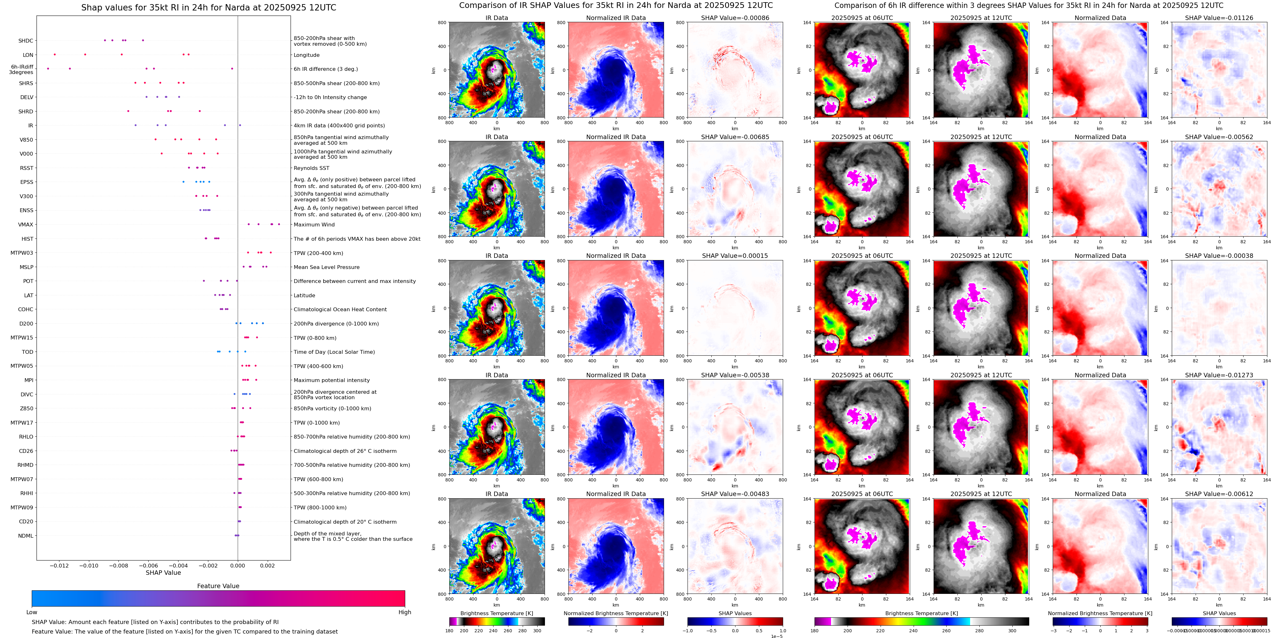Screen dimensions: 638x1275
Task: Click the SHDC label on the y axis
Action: pos(26,41)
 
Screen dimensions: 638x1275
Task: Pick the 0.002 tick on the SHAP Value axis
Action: pos(267,566)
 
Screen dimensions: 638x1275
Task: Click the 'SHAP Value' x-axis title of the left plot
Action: pos(163,573)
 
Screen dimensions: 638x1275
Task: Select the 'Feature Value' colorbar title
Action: pos(218,586)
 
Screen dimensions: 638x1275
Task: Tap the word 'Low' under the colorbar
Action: pos(32,612)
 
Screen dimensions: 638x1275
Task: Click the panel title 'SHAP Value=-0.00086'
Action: pos(735,18)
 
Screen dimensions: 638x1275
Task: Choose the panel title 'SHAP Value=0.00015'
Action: pos(735,256)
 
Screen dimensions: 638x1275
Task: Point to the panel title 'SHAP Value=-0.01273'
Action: pos(1219,375)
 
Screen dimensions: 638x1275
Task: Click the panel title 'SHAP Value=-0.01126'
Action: pos(1219,18)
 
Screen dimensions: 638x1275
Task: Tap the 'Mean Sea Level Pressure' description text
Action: pos(327,267)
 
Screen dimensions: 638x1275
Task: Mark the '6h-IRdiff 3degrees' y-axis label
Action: pos(22,69)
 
